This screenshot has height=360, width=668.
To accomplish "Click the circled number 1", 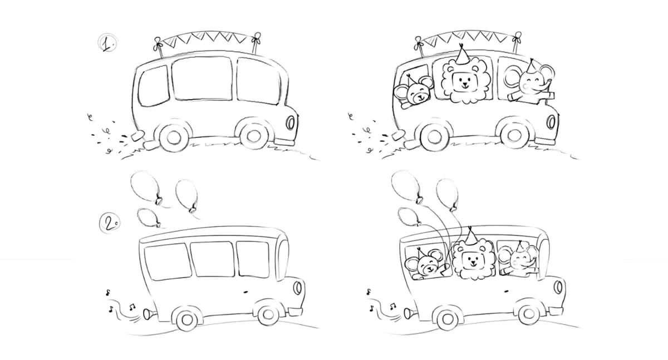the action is pyautogui.click(x=107, y=43).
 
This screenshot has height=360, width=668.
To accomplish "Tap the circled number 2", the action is pyautogui.click(x=110, y=223).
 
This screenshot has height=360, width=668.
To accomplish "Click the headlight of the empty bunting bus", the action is pyautogui.click(x=290, y=122).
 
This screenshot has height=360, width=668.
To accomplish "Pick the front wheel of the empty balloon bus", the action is pyautogui.click(x=268, y=315).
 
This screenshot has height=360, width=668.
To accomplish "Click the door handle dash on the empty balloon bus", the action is pyautogui.click(x=246, y=291).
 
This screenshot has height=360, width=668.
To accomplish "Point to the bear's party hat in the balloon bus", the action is pyautogui.click(x=422, y=253).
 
